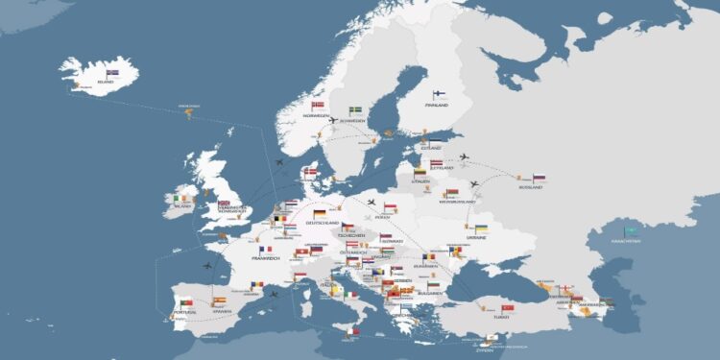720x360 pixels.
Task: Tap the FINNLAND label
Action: click(437, 107)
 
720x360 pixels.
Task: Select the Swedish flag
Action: click(354, 110)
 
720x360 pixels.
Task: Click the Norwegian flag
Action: click(318, 106)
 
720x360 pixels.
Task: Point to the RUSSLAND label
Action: click(531, 188)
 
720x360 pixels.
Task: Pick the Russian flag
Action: click(539, 178)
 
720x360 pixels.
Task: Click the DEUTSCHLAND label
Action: click(323, 223)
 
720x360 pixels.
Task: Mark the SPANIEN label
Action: click(223, 311)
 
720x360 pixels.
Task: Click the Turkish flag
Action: click(508, 308)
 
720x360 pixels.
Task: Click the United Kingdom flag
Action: click(224, 204)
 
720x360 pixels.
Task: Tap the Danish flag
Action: click(310, 173)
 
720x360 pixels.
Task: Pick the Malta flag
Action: click(354, 331)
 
